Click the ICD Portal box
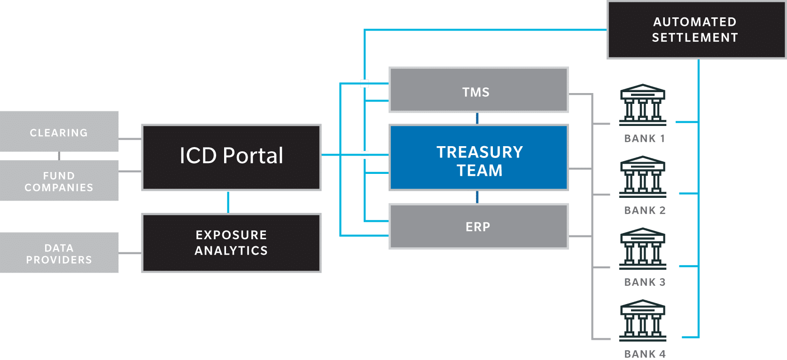(x=231, y=157)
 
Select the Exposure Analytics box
(x=231, y=243)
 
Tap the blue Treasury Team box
(x=479, y=157)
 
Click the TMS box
(x=479, y=90)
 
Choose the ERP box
(x=479, y=227)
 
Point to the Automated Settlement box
(x=696, y=30)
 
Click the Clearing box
(x=59, y=132)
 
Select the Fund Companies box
(x=59, y=181)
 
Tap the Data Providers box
(x=59, y=253)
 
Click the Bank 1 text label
(x=645, y=139)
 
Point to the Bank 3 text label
(x=645, y=282)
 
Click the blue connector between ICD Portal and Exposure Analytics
(x=228, y=202)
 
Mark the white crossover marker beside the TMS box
(x=365, y=84)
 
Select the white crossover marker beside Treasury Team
(x=365, y=155)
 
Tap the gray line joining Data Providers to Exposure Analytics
(x=130, y=253)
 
